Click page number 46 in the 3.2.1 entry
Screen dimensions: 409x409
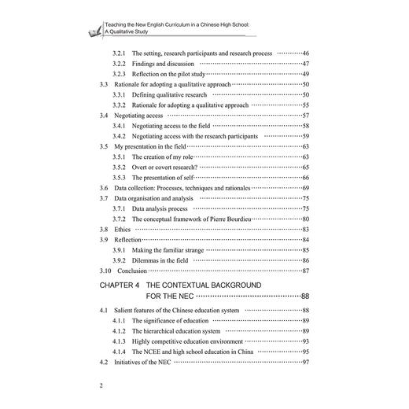(x=304, y=53)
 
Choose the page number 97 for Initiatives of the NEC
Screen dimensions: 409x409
(x=304, y=362)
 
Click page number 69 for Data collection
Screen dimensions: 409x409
(x=304, y=190)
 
